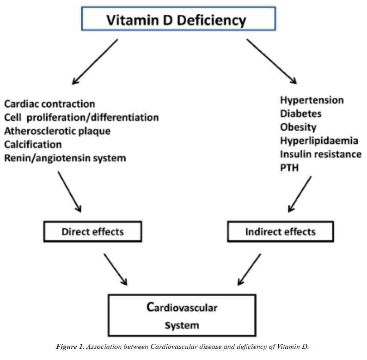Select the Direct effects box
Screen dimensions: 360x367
pos(92,231)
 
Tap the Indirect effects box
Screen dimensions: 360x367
pos(280,231)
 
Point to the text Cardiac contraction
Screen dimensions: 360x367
pos(49,104)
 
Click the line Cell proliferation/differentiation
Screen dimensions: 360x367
pos(81,117)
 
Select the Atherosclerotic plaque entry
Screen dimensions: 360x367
pos(57,131)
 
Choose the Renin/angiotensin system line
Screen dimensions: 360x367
pos(65,158)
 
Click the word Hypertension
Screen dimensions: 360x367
pos(312,100)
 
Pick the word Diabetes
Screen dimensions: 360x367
pos(300,113)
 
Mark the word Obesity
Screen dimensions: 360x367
pos(298,127)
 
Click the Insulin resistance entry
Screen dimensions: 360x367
pos(320,154)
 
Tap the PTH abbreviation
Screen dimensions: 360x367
pos(289,167)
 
